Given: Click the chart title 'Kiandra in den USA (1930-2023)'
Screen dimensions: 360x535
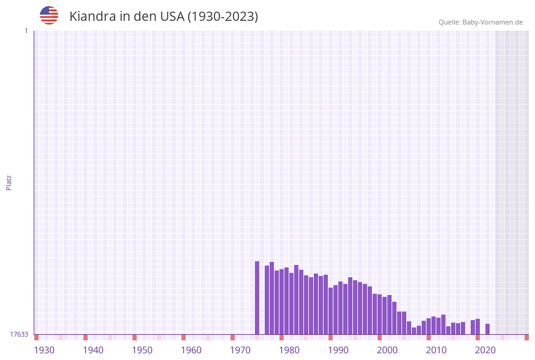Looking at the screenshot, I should coord(164,17).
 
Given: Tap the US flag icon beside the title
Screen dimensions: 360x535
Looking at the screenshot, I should coord(49,15).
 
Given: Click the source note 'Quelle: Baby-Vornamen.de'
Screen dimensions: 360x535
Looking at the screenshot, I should coord(480,22).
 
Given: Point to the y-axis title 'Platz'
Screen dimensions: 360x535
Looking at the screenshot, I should coord(9,182).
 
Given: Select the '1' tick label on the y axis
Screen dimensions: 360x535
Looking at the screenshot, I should coord(26,31).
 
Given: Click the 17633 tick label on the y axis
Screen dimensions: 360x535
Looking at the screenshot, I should coord(19,334).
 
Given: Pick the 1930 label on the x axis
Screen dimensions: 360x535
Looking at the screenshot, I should coord(44,350).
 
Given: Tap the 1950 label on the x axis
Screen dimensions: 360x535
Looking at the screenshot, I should coord(142,350).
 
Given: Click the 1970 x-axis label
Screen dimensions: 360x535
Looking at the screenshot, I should coord(240,350).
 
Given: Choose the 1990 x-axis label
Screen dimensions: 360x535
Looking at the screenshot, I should coord(338,350).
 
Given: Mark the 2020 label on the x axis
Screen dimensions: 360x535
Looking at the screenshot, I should coord(485,350).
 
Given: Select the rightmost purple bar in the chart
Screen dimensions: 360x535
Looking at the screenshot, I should coord(488,329).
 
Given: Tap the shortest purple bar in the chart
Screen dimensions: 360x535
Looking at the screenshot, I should coord(414,331).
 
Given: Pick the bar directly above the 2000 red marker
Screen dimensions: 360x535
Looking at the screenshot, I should coord(380,314).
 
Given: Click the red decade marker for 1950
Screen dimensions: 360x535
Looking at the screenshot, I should coord(135,337).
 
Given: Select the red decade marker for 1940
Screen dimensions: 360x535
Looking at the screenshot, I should coord(86,337).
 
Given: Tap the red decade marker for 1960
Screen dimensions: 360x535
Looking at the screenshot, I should coord(184,337).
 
